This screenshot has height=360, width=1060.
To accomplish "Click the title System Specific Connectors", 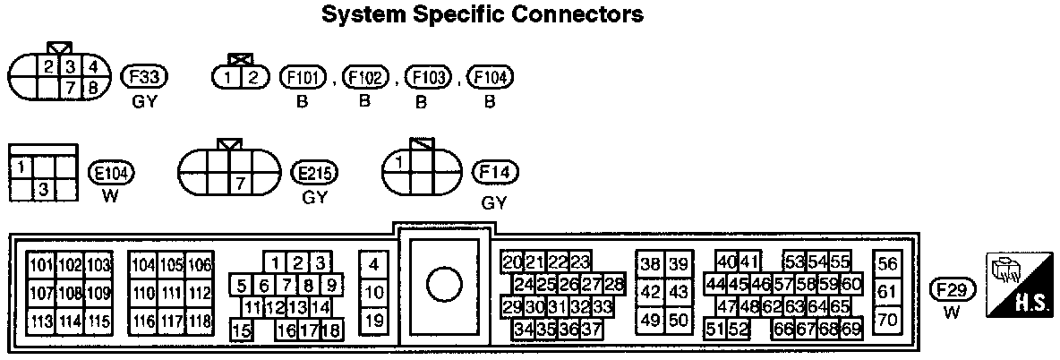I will pyautogui.click(x=483, y=15).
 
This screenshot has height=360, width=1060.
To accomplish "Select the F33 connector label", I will pyautogui.click(x=144, y=77).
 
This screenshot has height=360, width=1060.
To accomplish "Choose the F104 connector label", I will pyautogui.click(x=490, y=77).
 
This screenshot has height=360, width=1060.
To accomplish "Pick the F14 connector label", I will pyautogui.click(x=494, y=173).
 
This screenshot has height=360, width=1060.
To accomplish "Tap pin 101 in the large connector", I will pyautogui.click(x=41, y=265).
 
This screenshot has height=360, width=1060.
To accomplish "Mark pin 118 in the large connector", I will pyautogui.click(x=200, y=321).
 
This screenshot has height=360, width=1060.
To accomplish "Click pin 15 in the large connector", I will pyautogui.click(x=241, y=330).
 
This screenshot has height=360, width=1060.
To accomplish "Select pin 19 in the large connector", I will pyautogui.click(x=375, y=320).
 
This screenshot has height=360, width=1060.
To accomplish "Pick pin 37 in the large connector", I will pyautogui.click(x=591, y=329).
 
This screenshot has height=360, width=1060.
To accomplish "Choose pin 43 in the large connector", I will pyautogui.click(x=679, y=292).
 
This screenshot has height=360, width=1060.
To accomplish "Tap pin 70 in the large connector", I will pyautogui.click(x=887, y=319).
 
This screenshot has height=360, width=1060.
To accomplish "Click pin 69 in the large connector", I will pyautogui.click(x=851, y=329).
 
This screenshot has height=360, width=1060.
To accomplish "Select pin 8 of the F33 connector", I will pyautogui.click(x=91, y=88).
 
